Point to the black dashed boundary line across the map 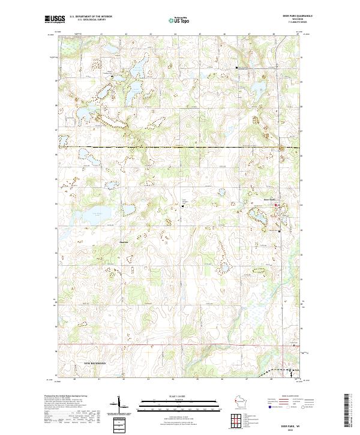tap(180, 147)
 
